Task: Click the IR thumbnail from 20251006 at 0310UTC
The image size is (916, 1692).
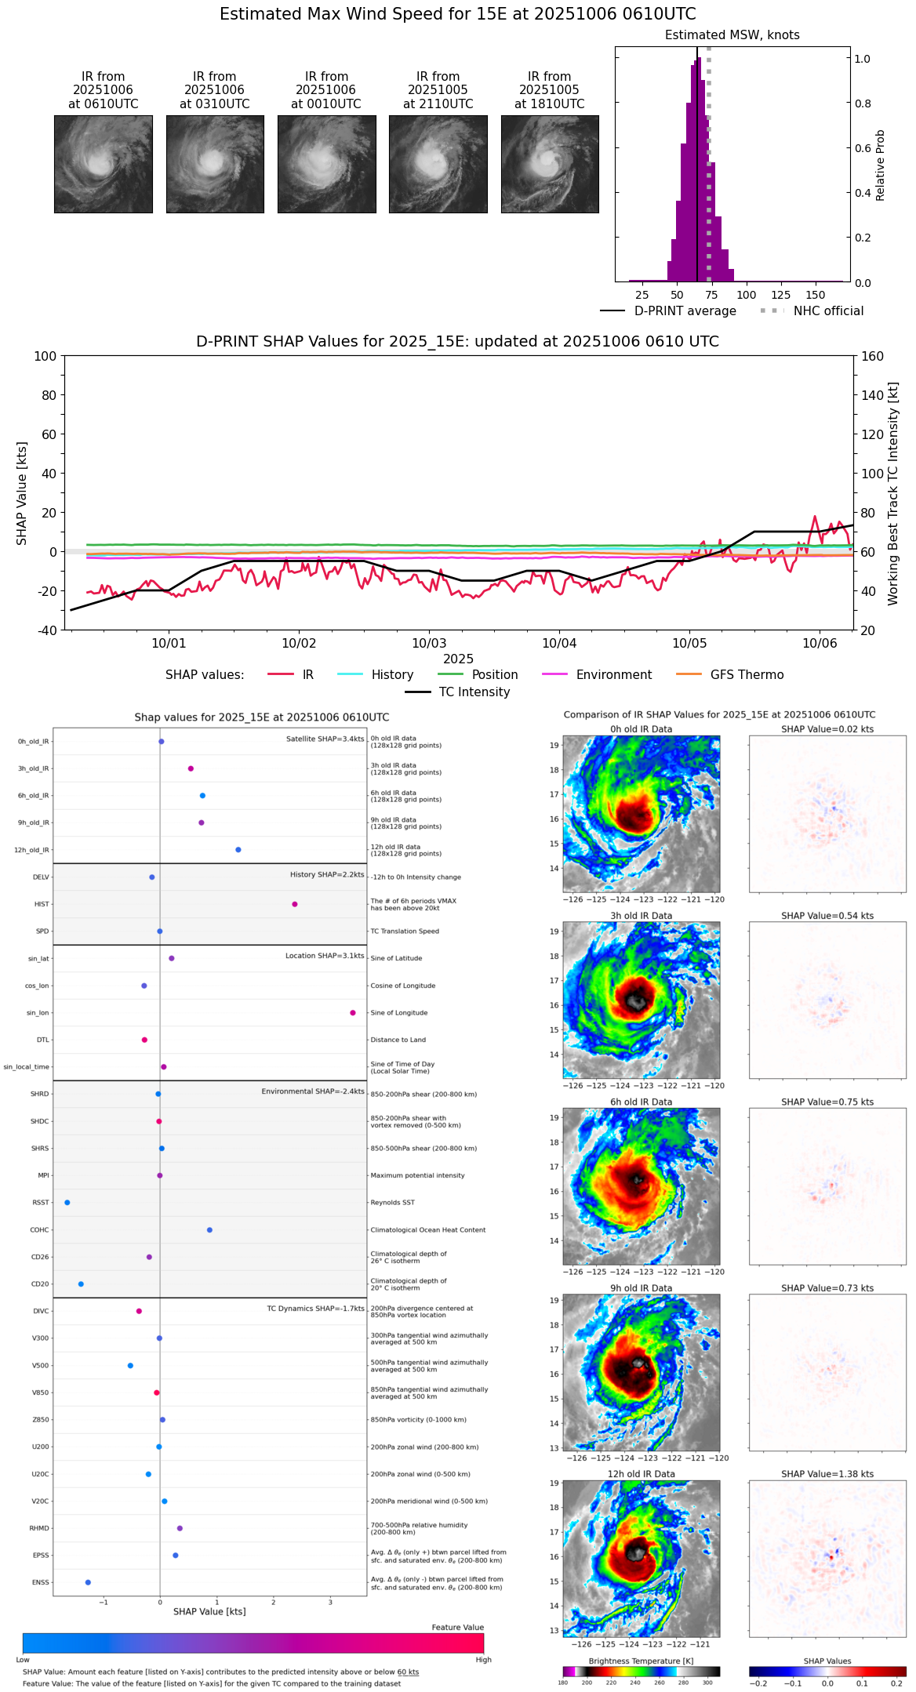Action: [x=215, y=164]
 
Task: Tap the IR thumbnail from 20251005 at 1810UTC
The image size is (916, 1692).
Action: [x=550, y=164]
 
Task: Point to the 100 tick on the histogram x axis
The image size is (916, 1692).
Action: [x=747, y=295]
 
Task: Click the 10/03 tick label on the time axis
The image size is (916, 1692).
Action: [x=429, y=643]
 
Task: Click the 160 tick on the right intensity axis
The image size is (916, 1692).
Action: [x=872, y=356]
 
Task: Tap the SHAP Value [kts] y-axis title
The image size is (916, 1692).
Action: [x=22, y=493]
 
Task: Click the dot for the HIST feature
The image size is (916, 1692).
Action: [x=295, y=904]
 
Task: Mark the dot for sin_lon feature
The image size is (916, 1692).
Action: [x=353, y=1013]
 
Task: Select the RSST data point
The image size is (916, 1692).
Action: [x=67, y=1203]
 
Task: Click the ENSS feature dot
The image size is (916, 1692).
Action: [x=88, y=1582]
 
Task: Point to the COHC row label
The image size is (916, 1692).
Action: [x=39, y=1230]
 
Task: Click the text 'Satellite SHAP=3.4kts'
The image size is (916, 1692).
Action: [x=325, y=739]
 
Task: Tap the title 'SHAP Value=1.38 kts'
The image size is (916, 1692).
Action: [x=827, y=1474]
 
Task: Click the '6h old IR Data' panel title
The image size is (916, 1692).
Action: [x=641, y=1102]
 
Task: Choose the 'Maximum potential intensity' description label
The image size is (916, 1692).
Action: [x=417, y=1175]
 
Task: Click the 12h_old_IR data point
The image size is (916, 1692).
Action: [x=238, y=850]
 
